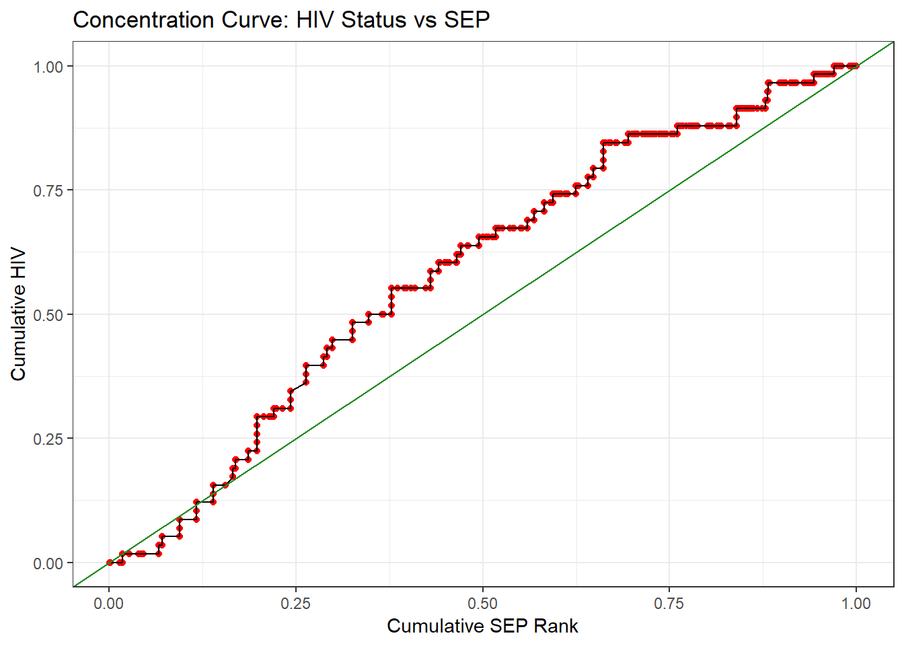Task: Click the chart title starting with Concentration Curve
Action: pos(281,20)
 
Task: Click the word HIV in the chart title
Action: pos(316,20)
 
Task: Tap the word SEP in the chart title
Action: pos(467,20)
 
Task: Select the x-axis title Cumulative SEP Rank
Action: pos(482,626)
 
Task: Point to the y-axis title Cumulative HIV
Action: pos(18,314)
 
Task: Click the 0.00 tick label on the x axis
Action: pos(109,603)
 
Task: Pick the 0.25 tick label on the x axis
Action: pos(296,603)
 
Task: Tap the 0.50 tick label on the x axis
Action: pos(482,603)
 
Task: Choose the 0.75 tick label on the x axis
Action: pos(669,603)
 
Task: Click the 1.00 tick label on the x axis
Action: pos(856,603)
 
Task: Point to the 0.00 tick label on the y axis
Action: pos(48,563)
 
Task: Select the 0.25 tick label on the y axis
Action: pos(48,439)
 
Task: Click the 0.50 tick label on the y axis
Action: pos(48,315)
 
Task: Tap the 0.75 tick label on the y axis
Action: pos(48,190)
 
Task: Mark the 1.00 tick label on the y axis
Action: pos(48,67)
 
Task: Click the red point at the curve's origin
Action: pos(110,563)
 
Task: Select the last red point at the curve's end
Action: pos(856,66)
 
